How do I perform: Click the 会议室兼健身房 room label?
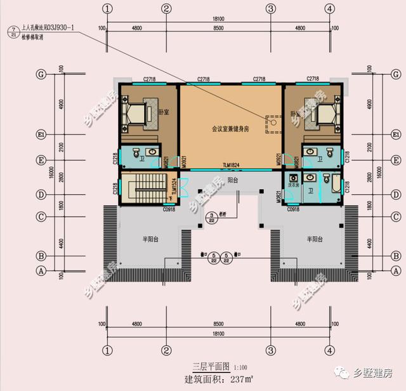(x=231, y=128)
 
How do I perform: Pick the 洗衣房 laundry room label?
(x=293, y=185)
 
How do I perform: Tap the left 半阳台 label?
(x=150, y=239)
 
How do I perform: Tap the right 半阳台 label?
(x=315, y=239)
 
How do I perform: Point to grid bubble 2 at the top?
(x=166, y=9)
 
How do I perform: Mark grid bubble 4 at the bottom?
(x=329, y=350)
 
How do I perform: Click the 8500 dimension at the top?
(x=218, y=29)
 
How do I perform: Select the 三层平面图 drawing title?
(x=213, y=367)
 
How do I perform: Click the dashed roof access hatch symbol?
(x=272, y=124)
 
